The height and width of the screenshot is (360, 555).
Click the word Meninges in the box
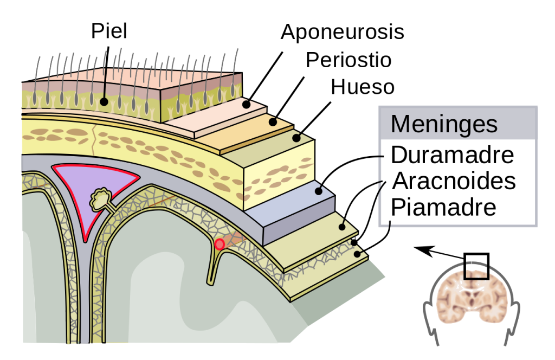443,124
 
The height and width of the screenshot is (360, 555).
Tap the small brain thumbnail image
472,298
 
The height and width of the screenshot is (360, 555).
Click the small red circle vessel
220,245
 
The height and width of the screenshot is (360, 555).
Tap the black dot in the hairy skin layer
104,101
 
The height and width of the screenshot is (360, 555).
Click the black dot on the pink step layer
247,105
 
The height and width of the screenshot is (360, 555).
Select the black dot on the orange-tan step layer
273,122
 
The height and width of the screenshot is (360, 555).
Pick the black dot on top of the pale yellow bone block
296,138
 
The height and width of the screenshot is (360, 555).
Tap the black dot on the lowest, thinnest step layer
358,253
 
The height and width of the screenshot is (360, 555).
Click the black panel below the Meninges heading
458,182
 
